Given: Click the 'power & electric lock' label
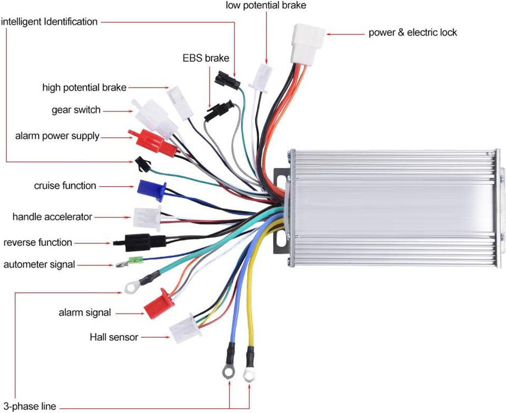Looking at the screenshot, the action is coord(413,33).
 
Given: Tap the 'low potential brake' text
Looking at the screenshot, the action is coord(266,5).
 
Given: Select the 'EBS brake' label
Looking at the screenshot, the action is coord(206,58).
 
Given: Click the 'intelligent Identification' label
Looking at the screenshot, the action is coord(50,22).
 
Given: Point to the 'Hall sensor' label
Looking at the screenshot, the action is coord(114,337).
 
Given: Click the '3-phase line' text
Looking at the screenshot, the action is coord(30,406).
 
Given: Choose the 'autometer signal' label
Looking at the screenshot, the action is coord(39,265).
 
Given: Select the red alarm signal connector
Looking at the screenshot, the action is coord(159,304).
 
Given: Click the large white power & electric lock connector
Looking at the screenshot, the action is coord(308,45).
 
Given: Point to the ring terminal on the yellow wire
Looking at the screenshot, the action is coord(249,365).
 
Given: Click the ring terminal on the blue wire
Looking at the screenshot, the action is coord(229,360).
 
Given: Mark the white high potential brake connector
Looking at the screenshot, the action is coord(180,103).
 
